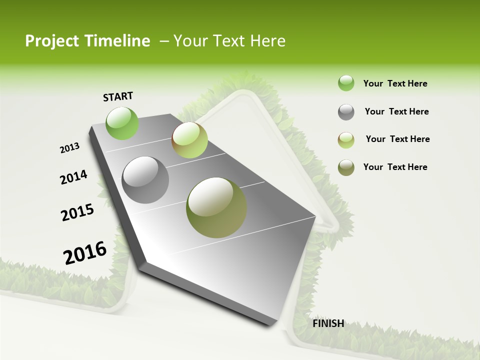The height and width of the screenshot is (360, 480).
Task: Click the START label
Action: tap(118, 96)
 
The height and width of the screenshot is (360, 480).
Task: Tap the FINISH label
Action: tap(328, 323)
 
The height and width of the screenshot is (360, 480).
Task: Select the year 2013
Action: tap(69, 148)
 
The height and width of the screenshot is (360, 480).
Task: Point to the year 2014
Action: tap(73, 177)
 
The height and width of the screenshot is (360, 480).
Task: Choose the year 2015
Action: tap(77, 212)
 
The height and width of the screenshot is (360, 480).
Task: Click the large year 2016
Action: tap(85, 252)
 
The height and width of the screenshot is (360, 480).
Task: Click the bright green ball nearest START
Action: tap(122, 123)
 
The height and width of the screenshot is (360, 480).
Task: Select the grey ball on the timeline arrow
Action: tap(145, 180)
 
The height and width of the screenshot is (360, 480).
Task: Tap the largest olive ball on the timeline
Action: tap(216, 207)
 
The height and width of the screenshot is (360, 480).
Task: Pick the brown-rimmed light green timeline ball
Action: tap(189, 140)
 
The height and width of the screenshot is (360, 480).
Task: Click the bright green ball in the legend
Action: tap(346, 83)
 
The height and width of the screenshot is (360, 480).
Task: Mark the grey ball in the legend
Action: tap(346, 112)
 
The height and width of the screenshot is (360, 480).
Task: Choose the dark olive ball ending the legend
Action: tap(346, 167)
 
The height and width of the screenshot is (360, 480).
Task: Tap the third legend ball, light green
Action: tap(346, 140)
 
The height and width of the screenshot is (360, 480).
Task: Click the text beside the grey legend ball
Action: tap(396, 111)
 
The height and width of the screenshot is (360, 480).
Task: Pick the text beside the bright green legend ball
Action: tap(395, 83)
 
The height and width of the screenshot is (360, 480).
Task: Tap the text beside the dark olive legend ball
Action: tap(395, 167)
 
